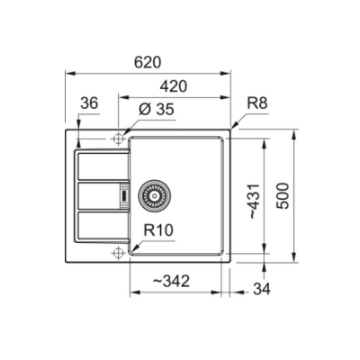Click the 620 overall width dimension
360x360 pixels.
(x=148, y=62)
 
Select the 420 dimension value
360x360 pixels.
(x=174, y=86)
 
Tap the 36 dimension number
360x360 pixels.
(x=89, y=103)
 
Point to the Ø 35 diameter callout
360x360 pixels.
(x=157, y=110)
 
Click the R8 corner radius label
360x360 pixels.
(x=257, y=103)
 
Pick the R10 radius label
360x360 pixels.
(x=158, y=230)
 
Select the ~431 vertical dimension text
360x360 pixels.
(x=254, y=201)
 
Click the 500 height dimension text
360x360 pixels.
(x=283, y=196)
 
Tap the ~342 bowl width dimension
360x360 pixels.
(x=171, y=282)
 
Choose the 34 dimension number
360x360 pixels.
(x=262, y=289)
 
